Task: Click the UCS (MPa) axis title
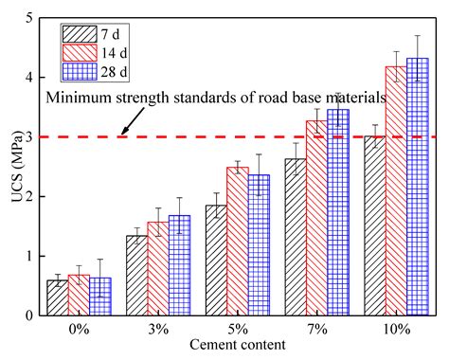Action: [x=13, y=167]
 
